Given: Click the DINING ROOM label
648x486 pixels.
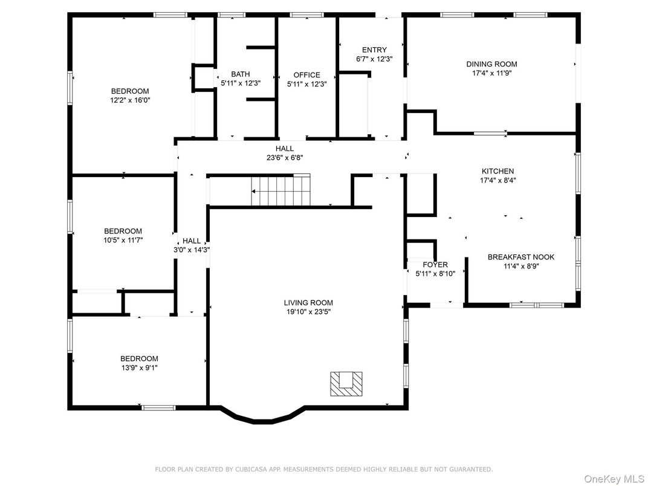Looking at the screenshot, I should tap(491, 64).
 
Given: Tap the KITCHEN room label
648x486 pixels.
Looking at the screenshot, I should tap(497, 171).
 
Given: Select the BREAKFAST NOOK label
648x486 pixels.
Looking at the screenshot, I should tap(520, 257).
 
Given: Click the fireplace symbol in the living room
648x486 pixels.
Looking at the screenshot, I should tap(347, 383).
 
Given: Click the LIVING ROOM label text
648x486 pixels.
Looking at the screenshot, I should tap(308, 303).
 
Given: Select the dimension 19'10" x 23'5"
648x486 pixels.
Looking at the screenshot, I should tap(308, 312).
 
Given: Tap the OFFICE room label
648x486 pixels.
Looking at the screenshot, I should tap(306, 75).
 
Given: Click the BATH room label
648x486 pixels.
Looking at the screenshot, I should tap(240, 74).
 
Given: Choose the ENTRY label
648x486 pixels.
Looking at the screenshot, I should tap(374, 50).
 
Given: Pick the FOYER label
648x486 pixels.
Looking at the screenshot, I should tap(435, 265).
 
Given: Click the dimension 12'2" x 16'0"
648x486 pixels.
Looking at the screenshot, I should tap(130, 100).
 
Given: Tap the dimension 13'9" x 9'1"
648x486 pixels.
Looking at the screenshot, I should tap(139, 368).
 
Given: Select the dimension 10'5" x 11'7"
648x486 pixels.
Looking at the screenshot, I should tap(123, 240).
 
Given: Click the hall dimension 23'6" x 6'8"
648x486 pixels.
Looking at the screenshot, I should tap(285, 157).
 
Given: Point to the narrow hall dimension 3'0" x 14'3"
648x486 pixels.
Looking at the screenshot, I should tap(192, 250).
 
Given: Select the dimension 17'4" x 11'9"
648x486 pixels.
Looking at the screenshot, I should tap(491, 73).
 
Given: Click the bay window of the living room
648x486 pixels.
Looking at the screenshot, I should tap(261, 418).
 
